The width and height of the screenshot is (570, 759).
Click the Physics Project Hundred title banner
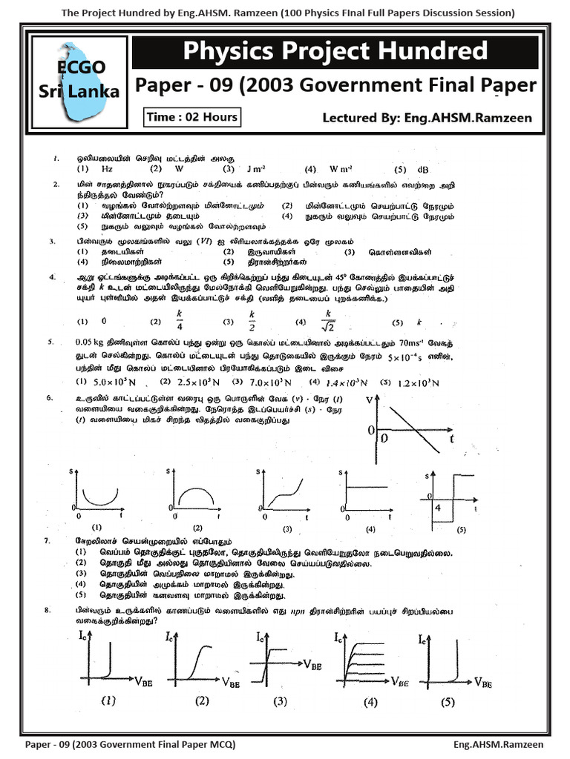pyautogui.click(x=335, y=52)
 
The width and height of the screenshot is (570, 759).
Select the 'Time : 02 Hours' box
pyautogui.click(x=192, y=117)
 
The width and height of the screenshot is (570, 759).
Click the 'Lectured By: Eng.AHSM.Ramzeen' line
pyautogui.click(x=427, y=118)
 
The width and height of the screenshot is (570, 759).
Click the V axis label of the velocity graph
pyautogui.click(x=370, y=400)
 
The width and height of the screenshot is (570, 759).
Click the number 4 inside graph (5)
pyautogui.click(x=438, y=508)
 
